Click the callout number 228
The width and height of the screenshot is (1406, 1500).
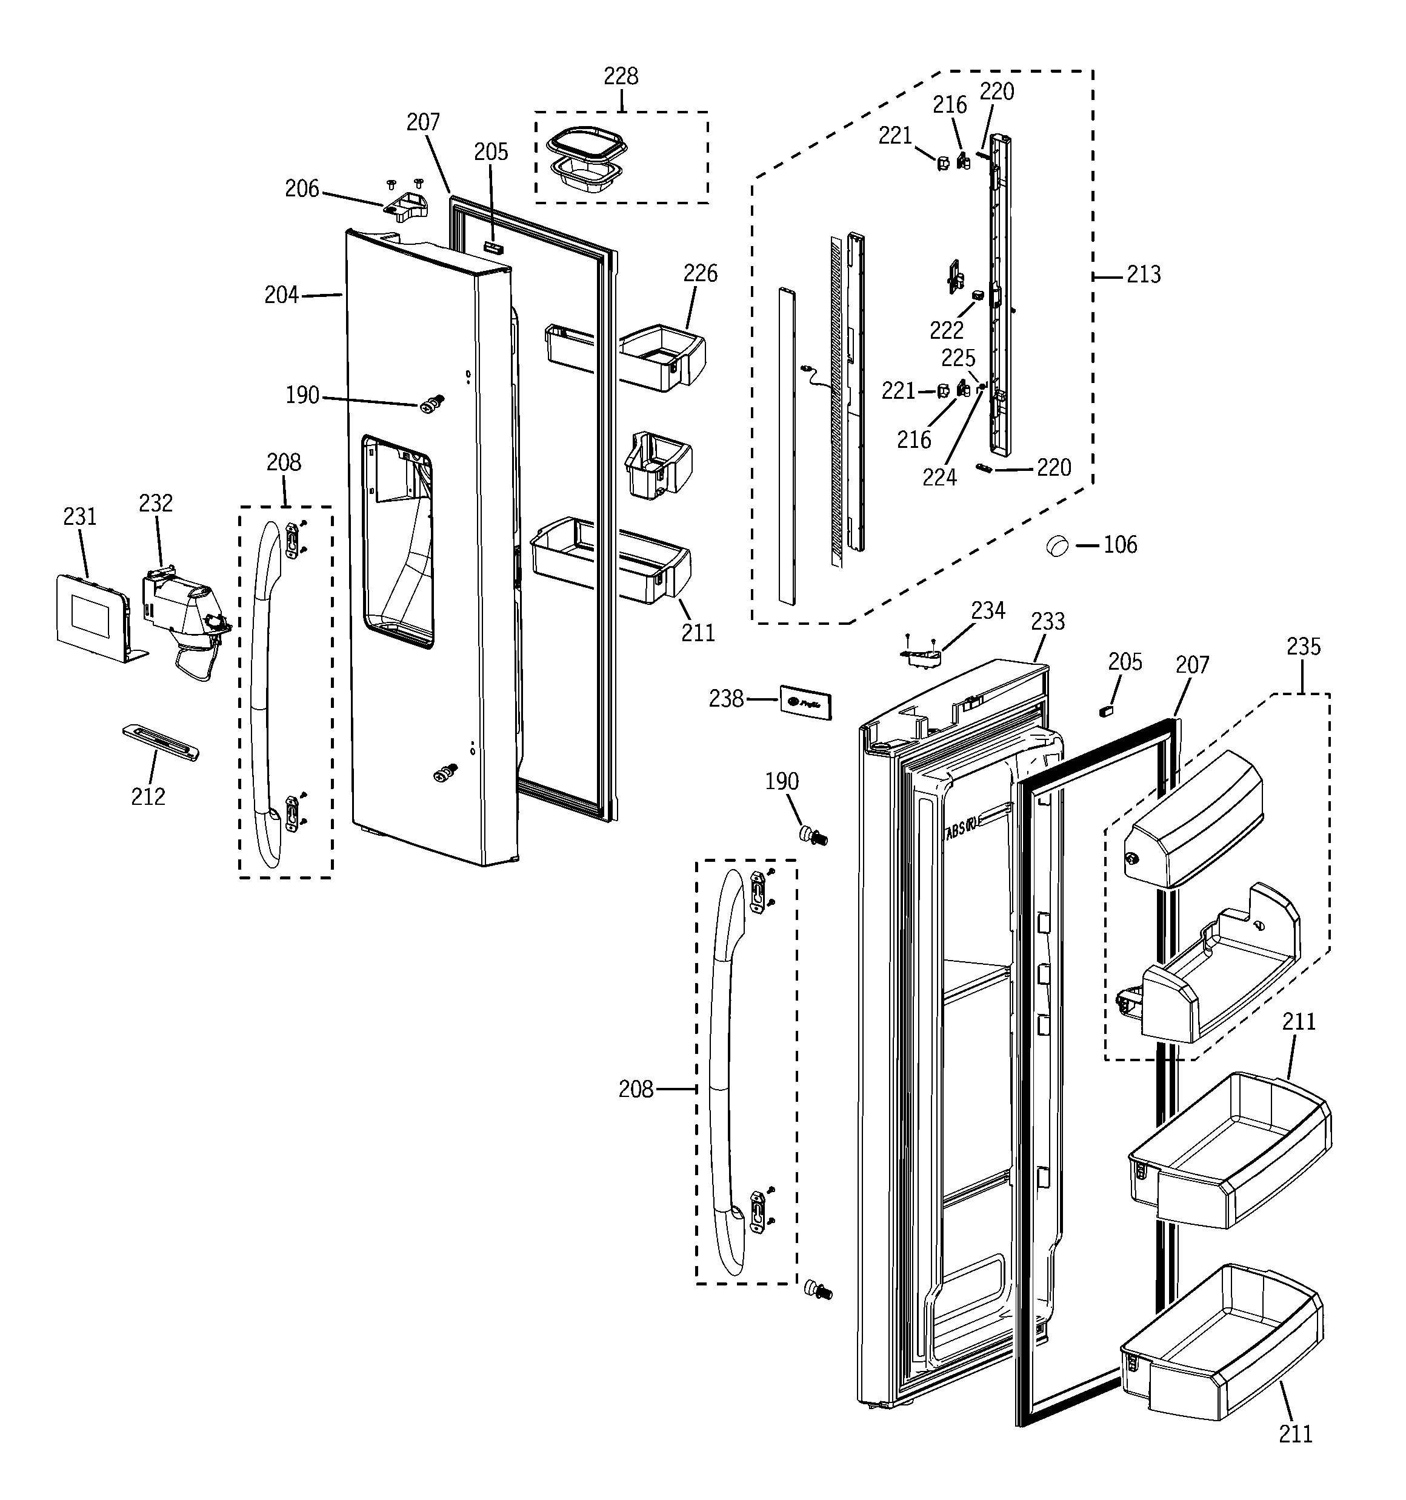(621, 76)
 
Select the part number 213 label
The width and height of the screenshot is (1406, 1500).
(1144, 275)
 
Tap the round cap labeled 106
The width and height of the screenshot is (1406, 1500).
(1058, 544)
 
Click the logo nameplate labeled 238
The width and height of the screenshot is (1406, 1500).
(805, 702)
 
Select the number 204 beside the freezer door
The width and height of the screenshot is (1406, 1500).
(281, 295)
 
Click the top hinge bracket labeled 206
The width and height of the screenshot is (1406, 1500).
(405, 207)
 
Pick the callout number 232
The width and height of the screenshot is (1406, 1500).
(156, 502)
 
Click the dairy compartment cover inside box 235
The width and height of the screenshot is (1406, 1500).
(1193, 819)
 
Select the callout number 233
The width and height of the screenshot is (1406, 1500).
(1047, 622)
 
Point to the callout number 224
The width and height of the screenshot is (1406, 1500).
(939, 477)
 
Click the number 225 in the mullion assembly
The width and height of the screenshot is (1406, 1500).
(958, 358)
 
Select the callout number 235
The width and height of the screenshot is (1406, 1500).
(1304, 647)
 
